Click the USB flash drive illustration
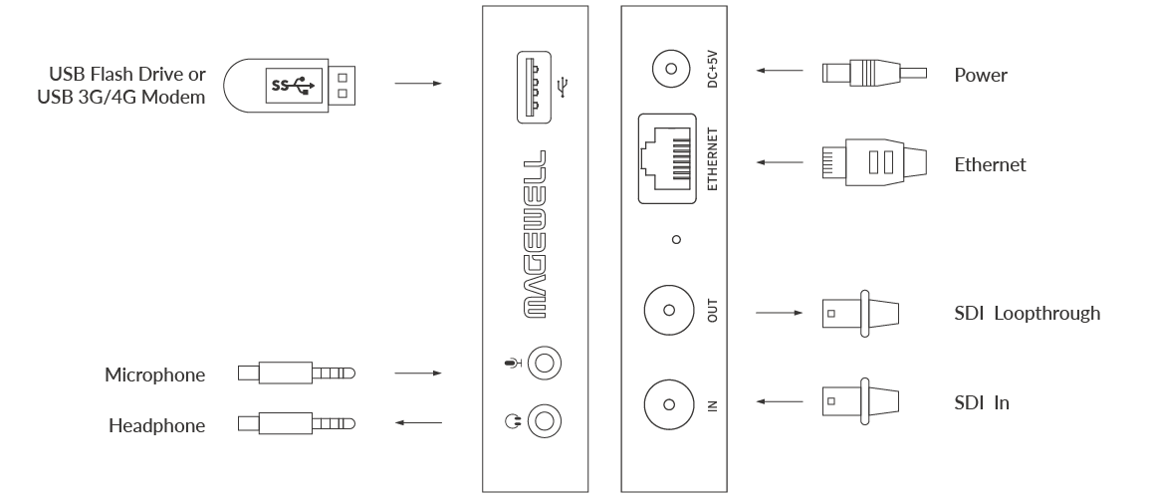point(291,86)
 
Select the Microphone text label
point(155,375)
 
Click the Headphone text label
point(157,426)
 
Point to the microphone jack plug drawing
point(297,373)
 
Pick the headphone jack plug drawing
point(297,424)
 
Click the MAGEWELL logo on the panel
point(535,234)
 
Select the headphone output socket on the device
point(544,420)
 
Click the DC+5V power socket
point(669,71)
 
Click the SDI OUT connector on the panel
point(669,313)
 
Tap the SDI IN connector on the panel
point(669,403)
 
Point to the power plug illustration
point(872,73)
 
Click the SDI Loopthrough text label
point(1027,314)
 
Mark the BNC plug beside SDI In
point(862,402)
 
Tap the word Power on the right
point(981,76)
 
